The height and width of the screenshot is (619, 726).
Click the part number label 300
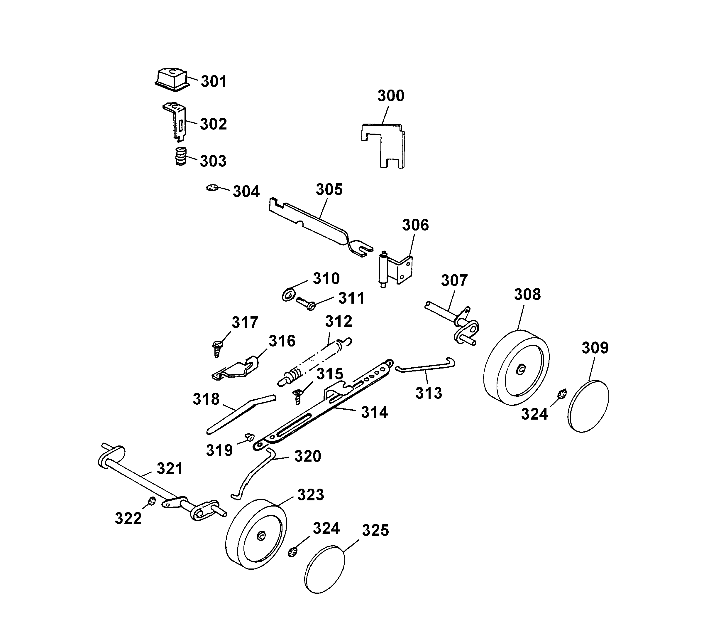point(391,96)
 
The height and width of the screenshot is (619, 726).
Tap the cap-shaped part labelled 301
point(171,80)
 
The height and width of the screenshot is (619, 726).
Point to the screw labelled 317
point(216,349)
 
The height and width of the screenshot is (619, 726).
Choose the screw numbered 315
point(297,396)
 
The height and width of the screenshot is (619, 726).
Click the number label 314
point(375,413)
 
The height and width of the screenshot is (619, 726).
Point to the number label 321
point(170,469)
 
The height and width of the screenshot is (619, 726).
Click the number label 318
point(206,399)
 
